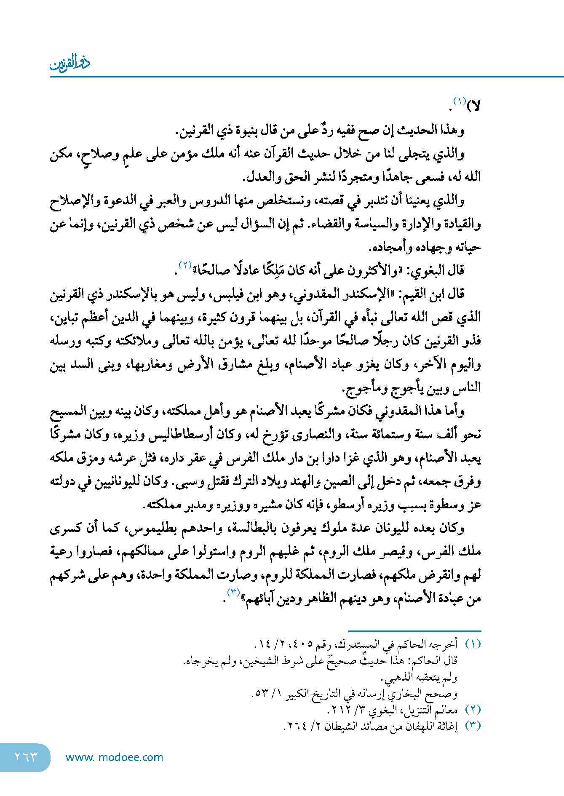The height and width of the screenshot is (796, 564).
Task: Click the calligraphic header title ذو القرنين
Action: [x=70, y=62]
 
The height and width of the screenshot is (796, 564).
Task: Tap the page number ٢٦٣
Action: [x=26, y=757]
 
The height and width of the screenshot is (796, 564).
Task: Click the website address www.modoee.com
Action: [x=114, y=757]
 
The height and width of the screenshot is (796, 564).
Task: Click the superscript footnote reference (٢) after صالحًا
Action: [x=185, y=265]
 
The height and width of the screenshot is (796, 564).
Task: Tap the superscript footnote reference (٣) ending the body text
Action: [x=233, y=593]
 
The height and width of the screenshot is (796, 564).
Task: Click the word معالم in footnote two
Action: [x=446, y=710]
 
